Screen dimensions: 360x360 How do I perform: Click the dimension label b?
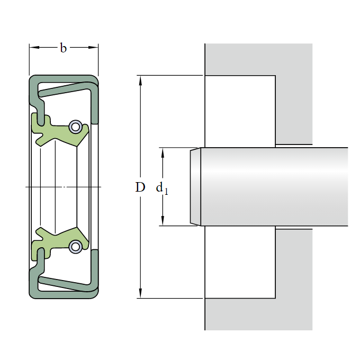63,48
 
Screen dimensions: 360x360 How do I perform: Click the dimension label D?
140,187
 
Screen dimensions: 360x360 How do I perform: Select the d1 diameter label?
162,188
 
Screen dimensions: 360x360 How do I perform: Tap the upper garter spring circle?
75,127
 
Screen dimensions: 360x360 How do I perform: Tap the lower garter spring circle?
75,247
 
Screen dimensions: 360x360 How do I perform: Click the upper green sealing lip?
60,131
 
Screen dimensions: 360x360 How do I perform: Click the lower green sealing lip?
60,244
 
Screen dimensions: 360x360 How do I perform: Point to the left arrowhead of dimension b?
34,48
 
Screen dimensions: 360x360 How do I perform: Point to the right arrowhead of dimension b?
93,48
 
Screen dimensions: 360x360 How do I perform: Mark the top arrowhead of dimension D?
140,80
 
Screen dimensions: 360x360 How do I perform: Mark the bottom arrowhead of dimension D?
140,293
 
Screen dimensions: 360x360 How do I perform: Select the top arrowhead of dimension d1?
163,152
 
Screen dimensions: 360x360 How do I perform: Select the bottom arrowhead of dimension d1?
163,221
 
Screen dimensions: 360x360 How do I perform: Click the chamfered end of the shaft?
195,187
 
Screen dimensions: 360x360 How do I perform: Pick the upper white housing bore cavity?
240,111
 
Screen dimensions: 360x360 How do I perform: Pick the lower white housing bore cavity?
240,262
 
